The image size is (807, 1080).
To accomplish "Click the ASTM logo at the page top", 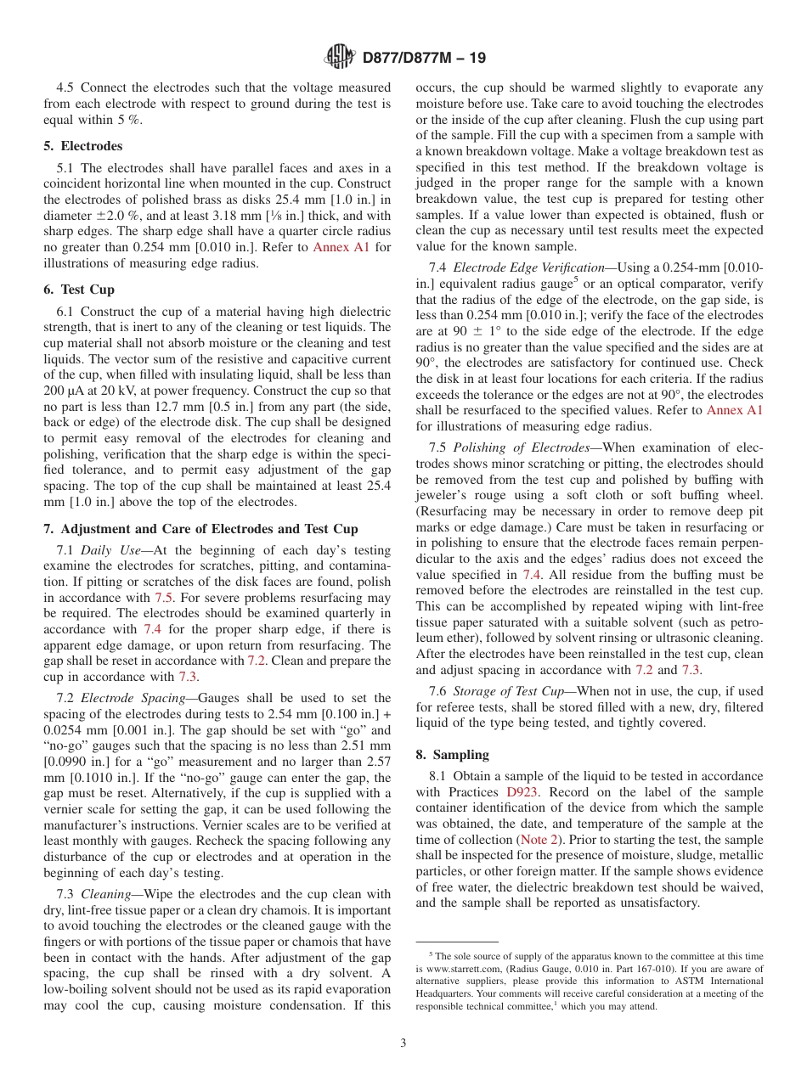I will pos(341,58).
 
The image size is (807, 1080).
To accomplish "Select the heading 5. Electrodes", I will pos(82,146).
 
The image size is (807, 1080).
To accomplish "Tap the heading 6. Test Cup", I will pos(79,290).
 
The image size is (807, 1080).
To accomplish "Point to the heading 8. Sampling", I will pos(452,755).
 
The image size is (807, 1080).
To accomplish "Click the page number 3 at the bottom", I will pos(403,1043).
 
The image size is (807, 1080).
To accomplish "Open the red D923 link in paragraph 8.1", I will pos(522,792).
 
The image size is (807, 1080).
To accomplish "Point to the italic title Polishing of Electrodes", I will pos(521,447).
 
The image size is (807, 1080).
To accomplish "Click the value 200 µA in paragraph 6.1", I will pos(65,391).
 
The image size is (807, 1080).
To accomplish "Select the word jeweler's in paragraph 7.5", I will pos(443,495).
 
